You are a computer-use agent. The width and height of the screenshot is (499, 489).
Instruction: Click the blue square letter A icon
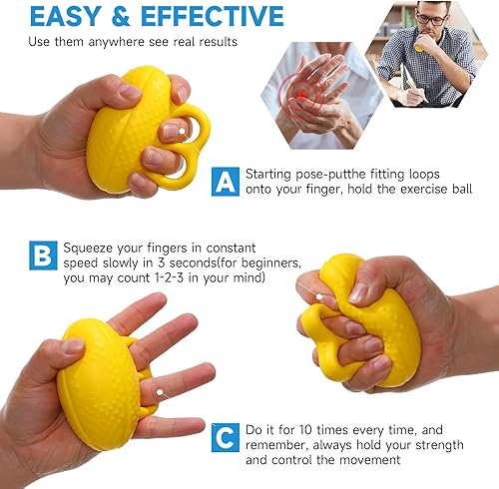226,181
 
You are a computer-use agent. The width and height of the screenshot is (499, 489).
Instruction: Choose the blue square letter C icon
226,437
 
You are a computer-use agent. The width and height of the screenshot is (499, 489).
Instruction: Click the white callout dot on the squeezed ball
319,296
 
